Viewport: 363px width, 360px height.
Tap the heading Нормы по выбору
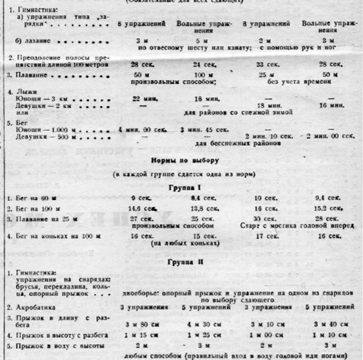click(181, 161)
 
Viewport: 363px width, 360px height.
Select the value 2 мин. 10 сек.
click(264, 135)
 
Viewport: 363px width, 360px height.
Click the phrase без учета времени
click(294, 83)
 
